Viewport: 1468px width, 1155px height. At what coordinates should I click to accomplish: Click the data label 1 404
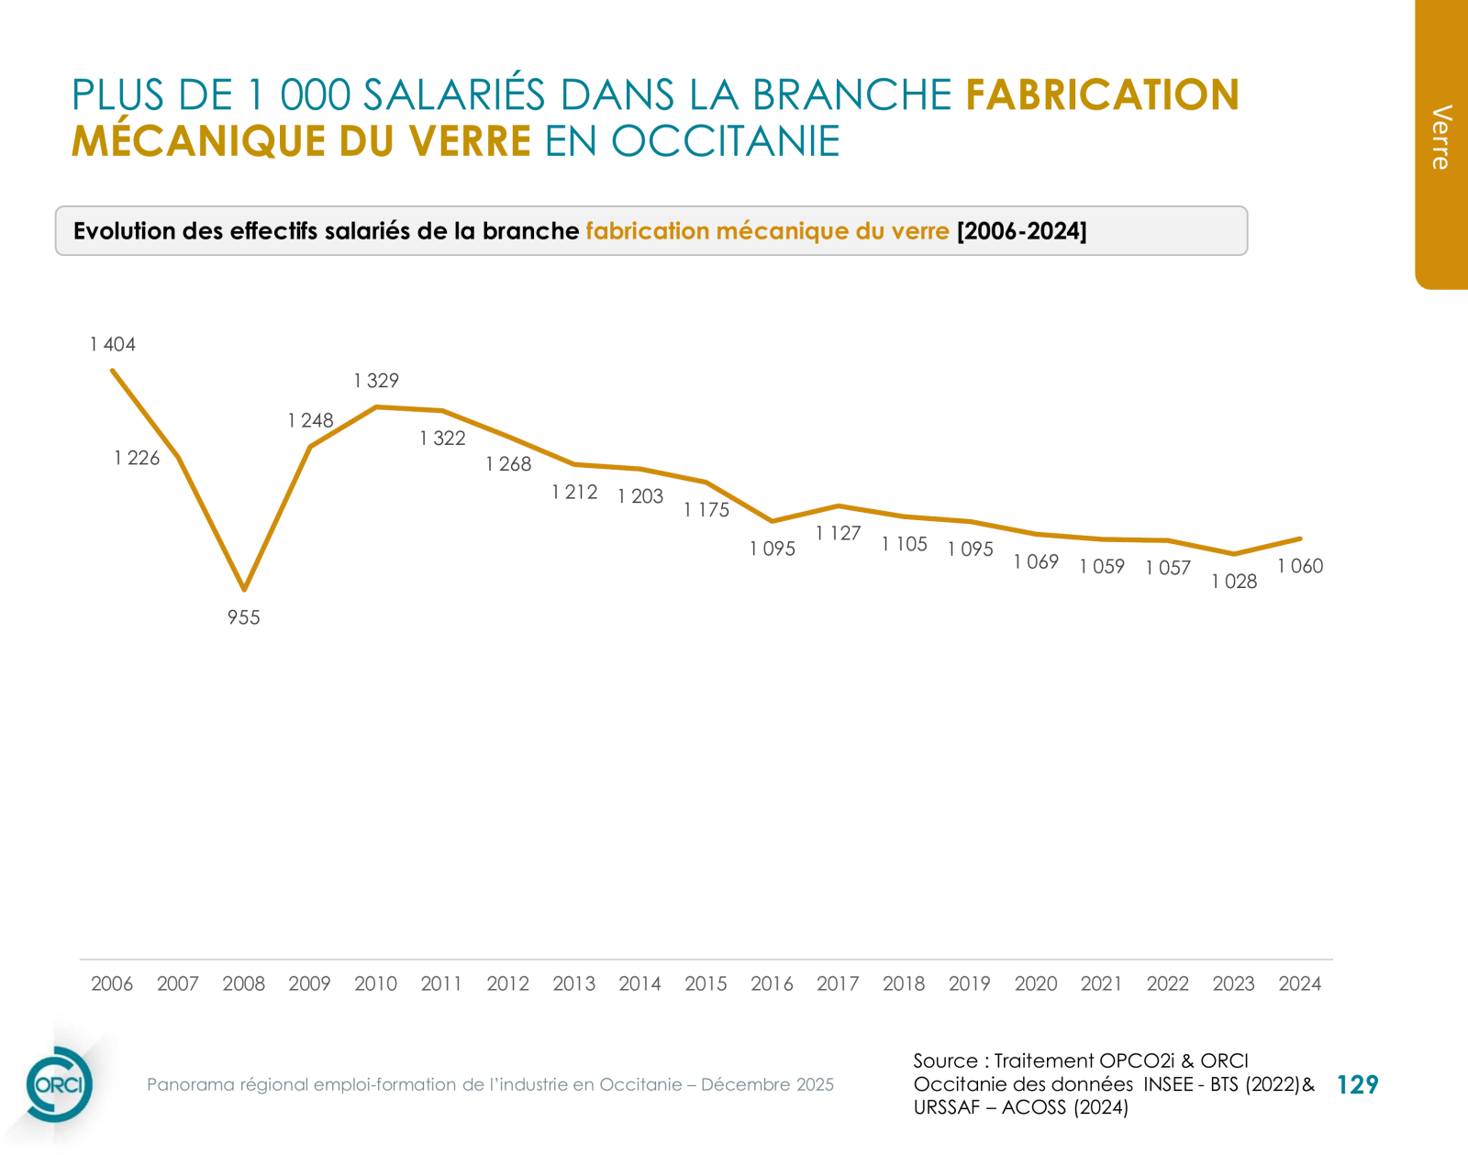click(x=113, y=345)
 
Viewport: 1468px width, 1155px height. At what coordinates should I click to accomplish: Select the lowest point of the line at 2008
click(x=244, y=588)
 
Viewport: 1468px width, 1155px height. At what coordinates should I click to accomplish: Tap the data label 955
click(x=244, y=618)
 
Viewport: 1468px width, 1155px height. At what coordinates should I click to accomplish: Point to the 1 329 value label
click(x=376, y=381)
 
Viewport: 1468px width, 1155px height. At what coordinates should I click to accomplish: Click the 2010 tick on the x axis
click(x=375, y=983)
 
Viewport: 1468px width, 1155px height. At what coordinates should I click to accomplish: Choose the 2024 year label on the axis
click(x=1299, y=983)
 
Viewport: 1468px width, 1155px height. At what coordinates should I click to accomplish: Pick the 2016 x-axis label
click(x=772, y=983)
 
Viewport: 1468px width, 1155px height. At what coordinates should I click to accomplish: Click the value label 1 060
click(x=1300, y=566)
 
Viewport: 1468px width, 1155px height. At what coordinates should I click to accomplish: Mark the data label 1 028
click(x=1234, y=582)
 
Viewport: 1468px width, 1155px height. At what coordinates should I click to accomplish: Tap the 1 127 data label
click(x=838, y=533)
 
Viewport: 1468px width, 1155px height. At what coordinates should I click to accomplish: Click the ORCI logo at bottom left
click(x=59, y=1084)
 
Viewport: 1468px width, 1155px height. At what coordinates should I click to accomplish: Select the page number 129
click(x=1357, y=1085)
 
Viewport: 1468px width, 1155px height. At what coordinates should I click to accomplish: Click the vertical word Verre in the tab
click(x=1441, y=138)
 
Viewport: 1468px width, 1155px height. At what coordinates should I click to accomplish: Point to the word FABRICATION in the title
click(x=1102, y=95)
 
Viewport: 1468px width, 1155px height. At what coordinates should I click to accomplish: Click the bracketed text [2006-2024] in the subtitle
click(x=1021, y=231)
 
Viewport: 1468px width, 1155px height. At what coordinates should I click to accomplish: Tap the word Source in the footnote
click(x=944, y=1061)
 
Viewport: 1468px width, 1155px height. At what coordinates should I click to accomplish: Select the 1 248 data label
click(x=310, y=421)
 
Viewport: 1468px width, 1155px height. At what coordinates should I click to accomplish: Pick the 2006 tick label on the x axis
click(x=112, y=983)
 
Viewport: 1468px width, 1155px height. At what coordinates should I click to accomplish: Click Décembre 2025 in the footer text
click(x=767, y=1084)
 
